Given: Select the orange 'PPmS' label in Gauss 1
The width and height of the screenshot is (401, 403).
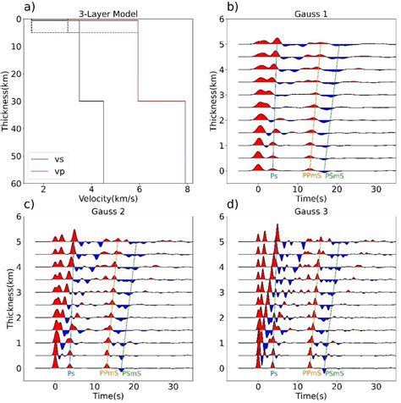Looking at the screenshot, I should tap(312, 176).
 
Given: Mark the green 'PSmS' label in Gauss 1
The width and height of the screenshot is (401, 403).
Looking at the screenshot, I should tap(337, 176).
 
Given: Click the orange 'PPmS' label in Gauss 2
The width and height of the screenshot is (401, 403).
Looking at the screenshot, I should tap(109, 372).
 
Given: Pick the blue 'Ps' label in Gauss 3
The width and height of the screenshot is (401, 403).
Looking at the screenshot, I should tap(273, 372).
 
